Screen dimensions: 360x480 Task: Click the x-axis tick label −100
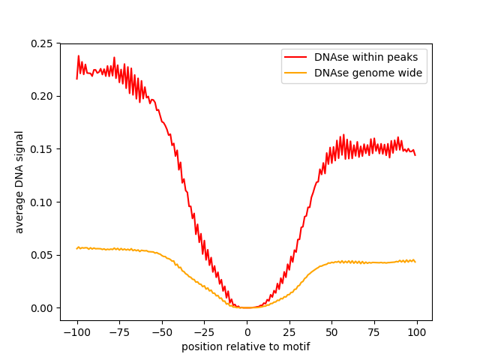coord(76,332)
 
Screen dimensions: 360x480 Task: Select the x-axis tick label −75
coord(118,332)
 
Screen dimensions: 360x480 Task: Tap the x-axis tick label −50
coord(161,332)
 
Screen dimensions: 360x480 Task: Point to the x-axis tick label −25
coord(204,332)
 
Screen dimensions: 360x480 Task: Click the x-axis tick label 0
coord(247,332)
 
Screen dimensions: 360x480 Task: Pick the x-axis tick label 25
coord(289,332)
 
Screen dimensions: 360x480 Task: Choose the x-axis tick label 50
coord(331,332)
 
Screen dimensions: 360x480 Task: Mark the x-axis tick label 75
coord(374,332)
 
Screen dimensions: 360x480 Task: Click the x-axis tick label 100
coord(417,332)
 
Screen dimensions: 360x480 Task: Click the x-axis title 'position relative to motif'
coord(246,346)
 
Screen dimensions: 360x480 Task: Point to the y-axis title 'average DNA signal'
coord(20,181)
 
